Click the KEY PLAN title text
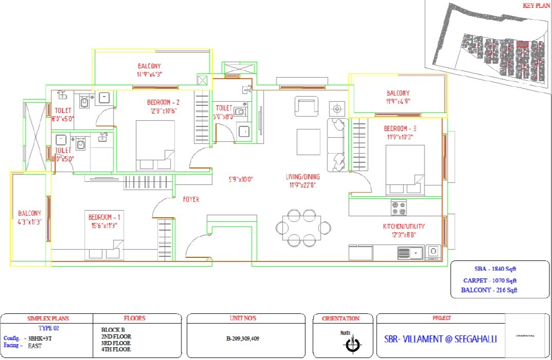(x=536, y=5)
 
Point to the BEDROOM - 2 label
(x=163, y=102)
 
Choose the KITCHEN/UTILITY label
(x=403, y=226)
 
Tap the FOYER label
(x=191, y=199)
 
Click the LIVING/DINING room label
(x=303, y=177)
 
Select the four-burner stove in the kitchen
(x=398, y=208)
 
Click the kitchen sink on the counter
(x=410, y=252)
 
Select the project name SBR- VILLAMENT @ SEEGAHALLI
(x=440, y=339)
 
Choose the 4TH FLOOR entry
(x=116, y=349)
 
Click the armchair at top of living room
(x=306, y=107)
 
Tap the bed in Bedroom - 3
(x=405, y=170)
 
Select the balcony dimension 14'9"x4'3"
(x=149, y=74)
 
